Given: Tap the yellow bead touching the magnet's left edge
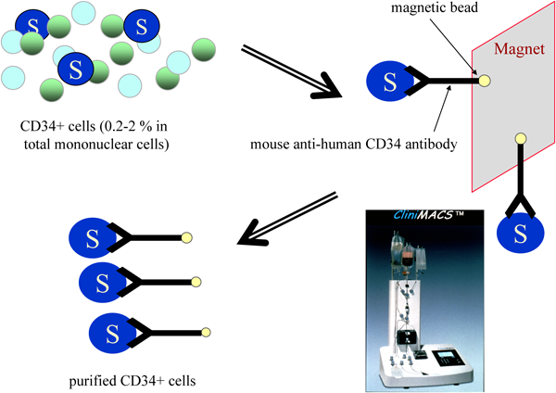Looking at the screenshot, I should [484, 82].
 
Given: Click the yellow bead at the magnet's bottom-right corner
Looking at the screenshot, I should [521, 140].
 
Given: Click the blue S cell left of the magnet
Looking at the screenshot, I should [389, 82].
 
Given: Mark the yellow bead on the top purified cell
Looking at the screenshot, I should [189, 238].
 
